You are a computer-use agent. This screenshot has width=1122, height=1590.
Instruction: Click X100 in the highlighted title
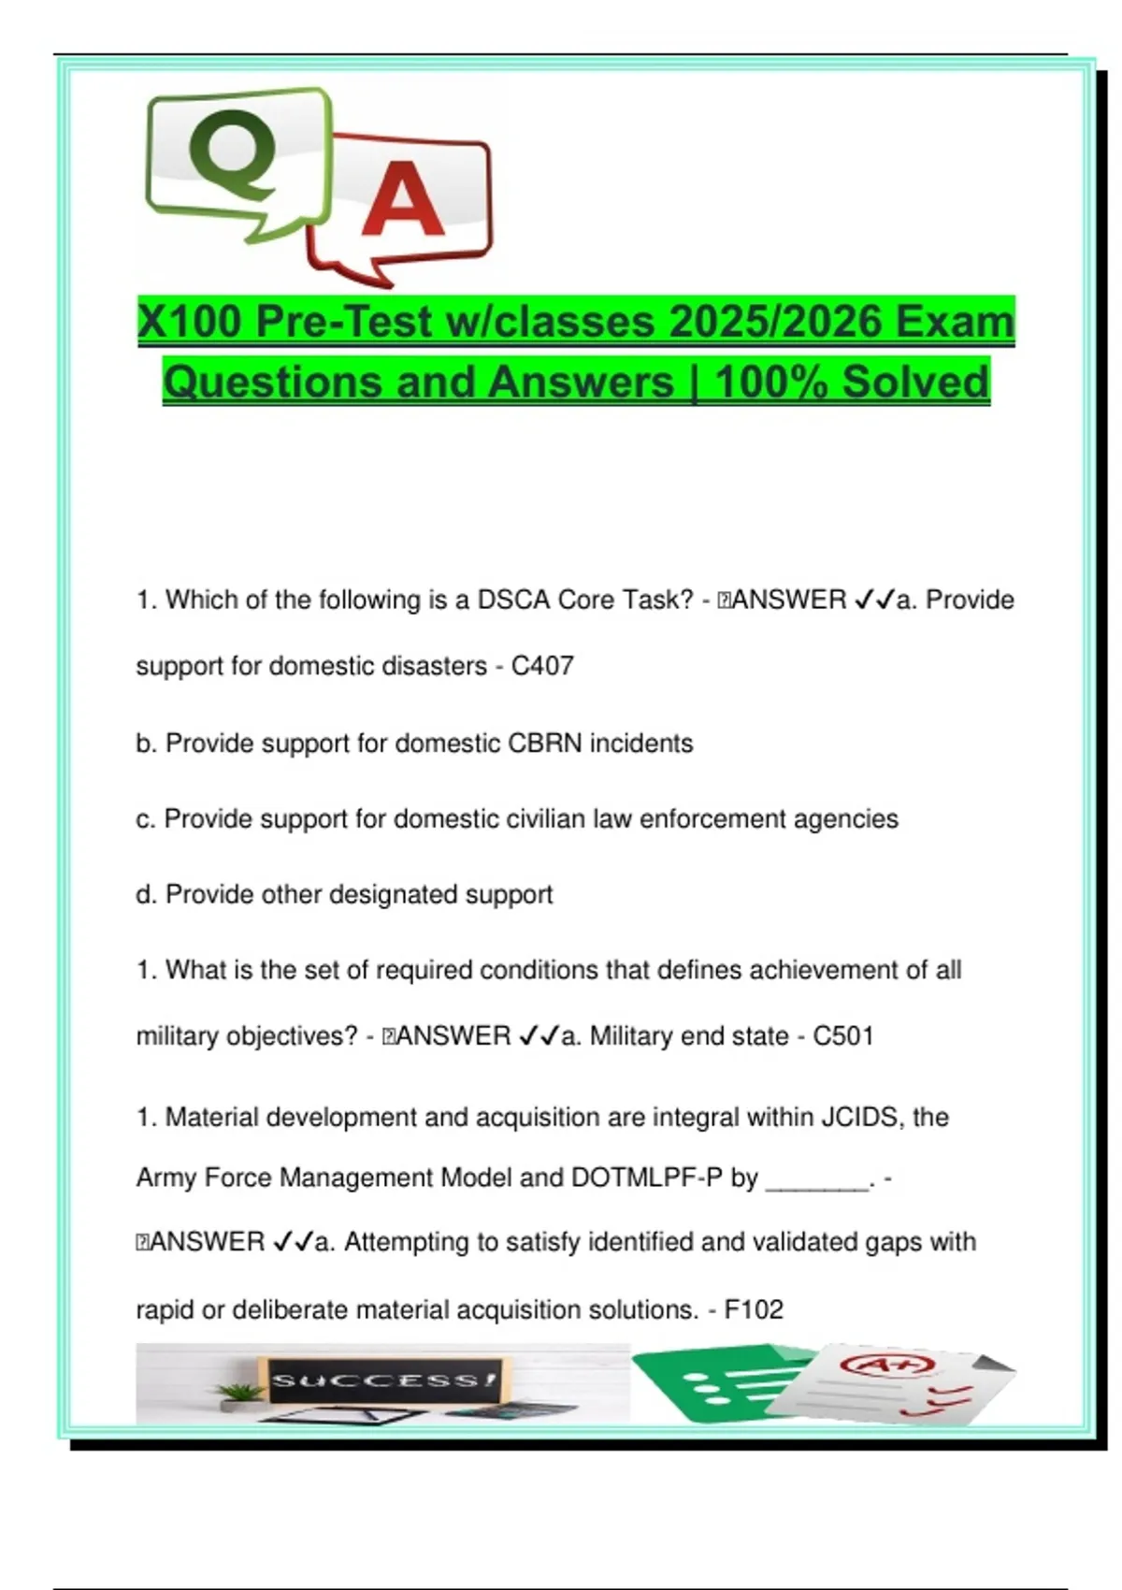point(190,322)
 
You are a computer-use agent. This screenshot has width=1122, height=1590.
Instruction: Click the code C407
point(542,666)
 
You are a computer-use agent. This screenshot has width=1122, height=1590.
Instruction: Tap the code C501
point(842,1036)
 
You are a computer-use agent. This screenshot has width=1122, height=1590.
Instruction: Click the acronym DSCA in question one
point(513,600)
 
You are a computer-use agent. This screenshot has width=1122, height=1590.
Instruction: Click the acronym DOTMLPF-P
point(646,1178)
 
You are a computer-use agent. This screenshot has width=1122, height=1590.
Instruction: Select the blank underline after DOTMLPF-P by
point(817,1180)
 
